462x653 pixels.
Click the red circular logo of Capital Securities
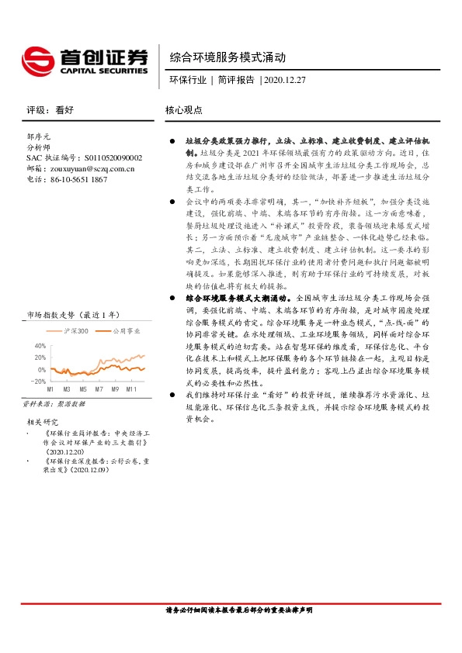(36, 60)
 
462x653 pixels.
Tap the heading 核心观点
(184, 110)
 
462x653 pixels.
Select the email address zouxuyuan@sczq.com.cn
(91, 168)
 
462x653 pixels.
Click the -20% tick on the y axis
(39, 381)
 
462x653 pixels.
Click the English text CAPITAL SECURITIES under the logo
(100, 70)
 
